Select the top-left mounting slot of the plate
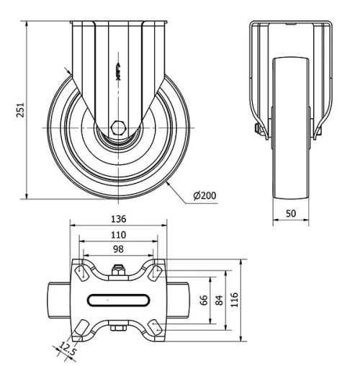click(x=79, y=272)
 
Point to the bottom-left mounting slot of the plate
click(x=79, y=328)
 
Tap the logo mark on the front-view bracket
click(x=119, y=70)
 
